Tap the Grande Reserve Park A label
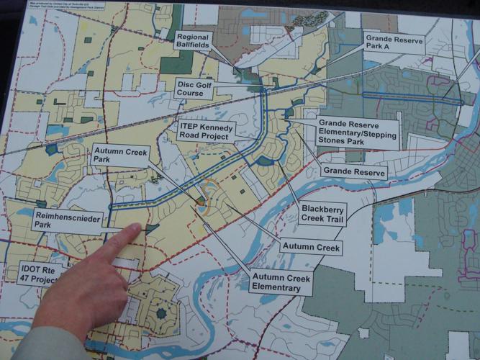[x=395, y=44]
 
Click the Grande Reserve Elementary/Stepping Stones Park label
[x=358, y=132]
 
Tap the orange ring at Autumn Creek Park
[x=209, y=197]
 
